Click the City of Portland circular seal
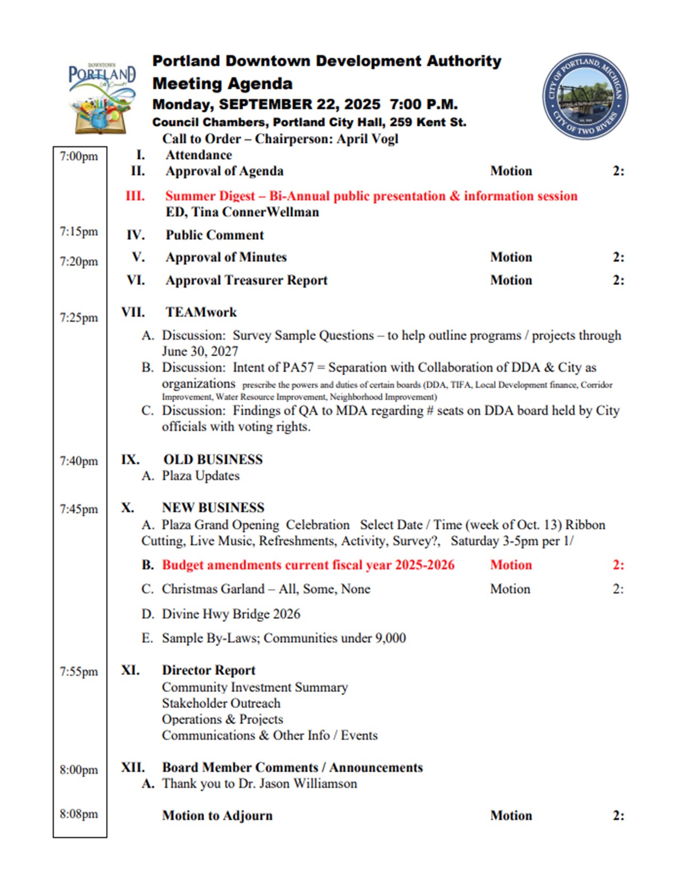click(x=585, y=96)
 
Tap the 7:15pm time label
click(x=79, y=232)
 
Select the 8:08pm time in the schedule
click(x=79, y=814)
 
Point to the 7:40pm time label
click(x=79, y=461)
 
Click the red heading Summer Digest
click(x=210, y=196)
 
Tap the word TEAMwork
click(x=201, y=312)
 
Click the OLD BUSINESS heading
click(x=213, y=460)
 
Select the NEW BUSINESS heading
click(x=213, y=508)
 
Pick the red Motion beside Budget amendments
click(x=511, y=565)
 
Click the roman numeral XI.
click(x=130, y=670)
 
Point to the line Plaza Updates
click(x=201, y=476)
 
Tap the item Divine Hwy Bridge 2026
click(x=231, y=614)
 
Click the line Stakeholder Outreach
click(x=221, y=703)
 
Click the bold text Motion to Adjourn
click(x=217, y=816)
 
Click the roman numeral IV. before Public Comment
click(x=135, y=235)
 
